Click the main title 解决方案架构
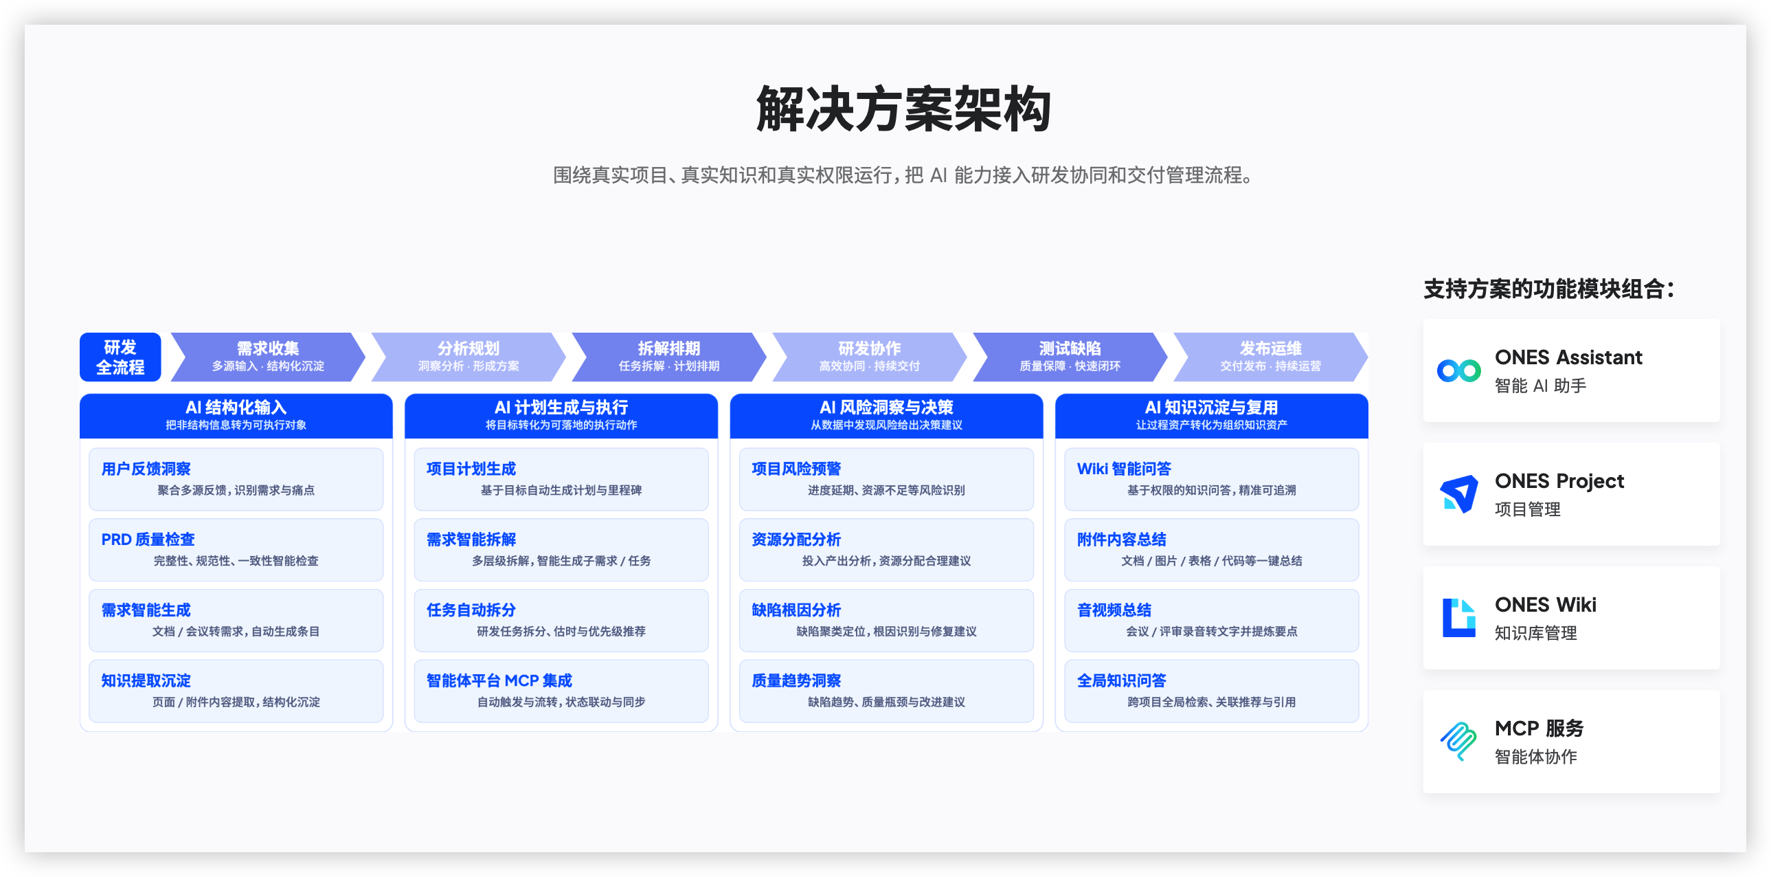click(x=903, y=109)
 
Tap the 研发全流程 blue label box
click(x=120, y=357)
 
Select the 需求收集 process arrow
click(x=268, y=357)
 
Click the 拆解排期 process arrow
click(x=669, y=357)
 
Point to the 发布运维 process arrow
click(x=1270, y=357)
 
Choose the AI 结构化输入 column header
click(x=236, y=415)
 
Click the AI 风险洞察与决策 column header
click(x=886, y=415)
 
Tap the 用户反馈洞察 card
click(x=236, y=479)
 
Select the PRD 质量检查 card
click(x=236, y=550)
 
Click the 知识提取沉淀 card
click(x=236, y=691)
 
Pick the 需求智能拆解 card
click(x=561, y=550)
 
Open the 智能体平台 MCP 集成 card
click(x=561, y=691)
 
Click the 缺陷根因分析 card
click(x=886, y=621)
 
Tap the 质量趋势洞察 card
click(x=886, y=691)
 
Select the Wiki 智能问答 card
click(x=1211, y=479)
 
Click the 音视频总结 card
click(x=1211, y=621)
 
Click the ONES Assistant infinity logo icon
click(x=1459, y=370)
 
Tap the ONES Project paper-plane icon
click(x=1459, y=494)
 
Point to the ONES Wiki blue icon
click(x=1459, y=618)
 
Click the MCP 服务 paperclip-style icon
click(x=1458, y=742)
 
